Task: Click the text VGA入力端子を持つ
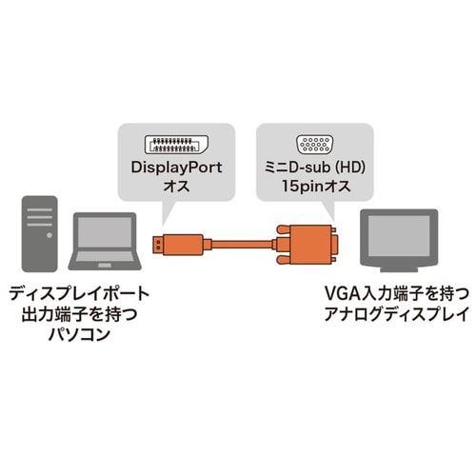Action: (x=392, y=296)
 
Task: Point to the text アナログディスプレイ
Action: (x=392, y=316)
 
